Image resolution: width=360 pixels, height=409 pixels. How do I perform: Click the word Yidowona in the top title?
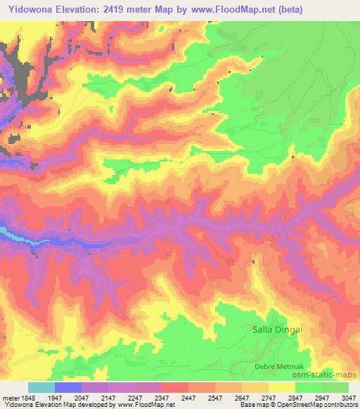tap(29, 9)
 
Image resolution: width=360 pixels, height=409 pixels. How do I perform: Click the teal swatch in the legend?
tap(41, 387)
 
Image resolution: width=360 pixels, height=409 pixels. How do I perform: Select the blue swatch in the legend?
tap(68, 387)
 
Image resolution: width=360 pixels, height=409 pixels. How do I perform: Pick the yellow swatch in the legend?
tap(282, 387)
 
